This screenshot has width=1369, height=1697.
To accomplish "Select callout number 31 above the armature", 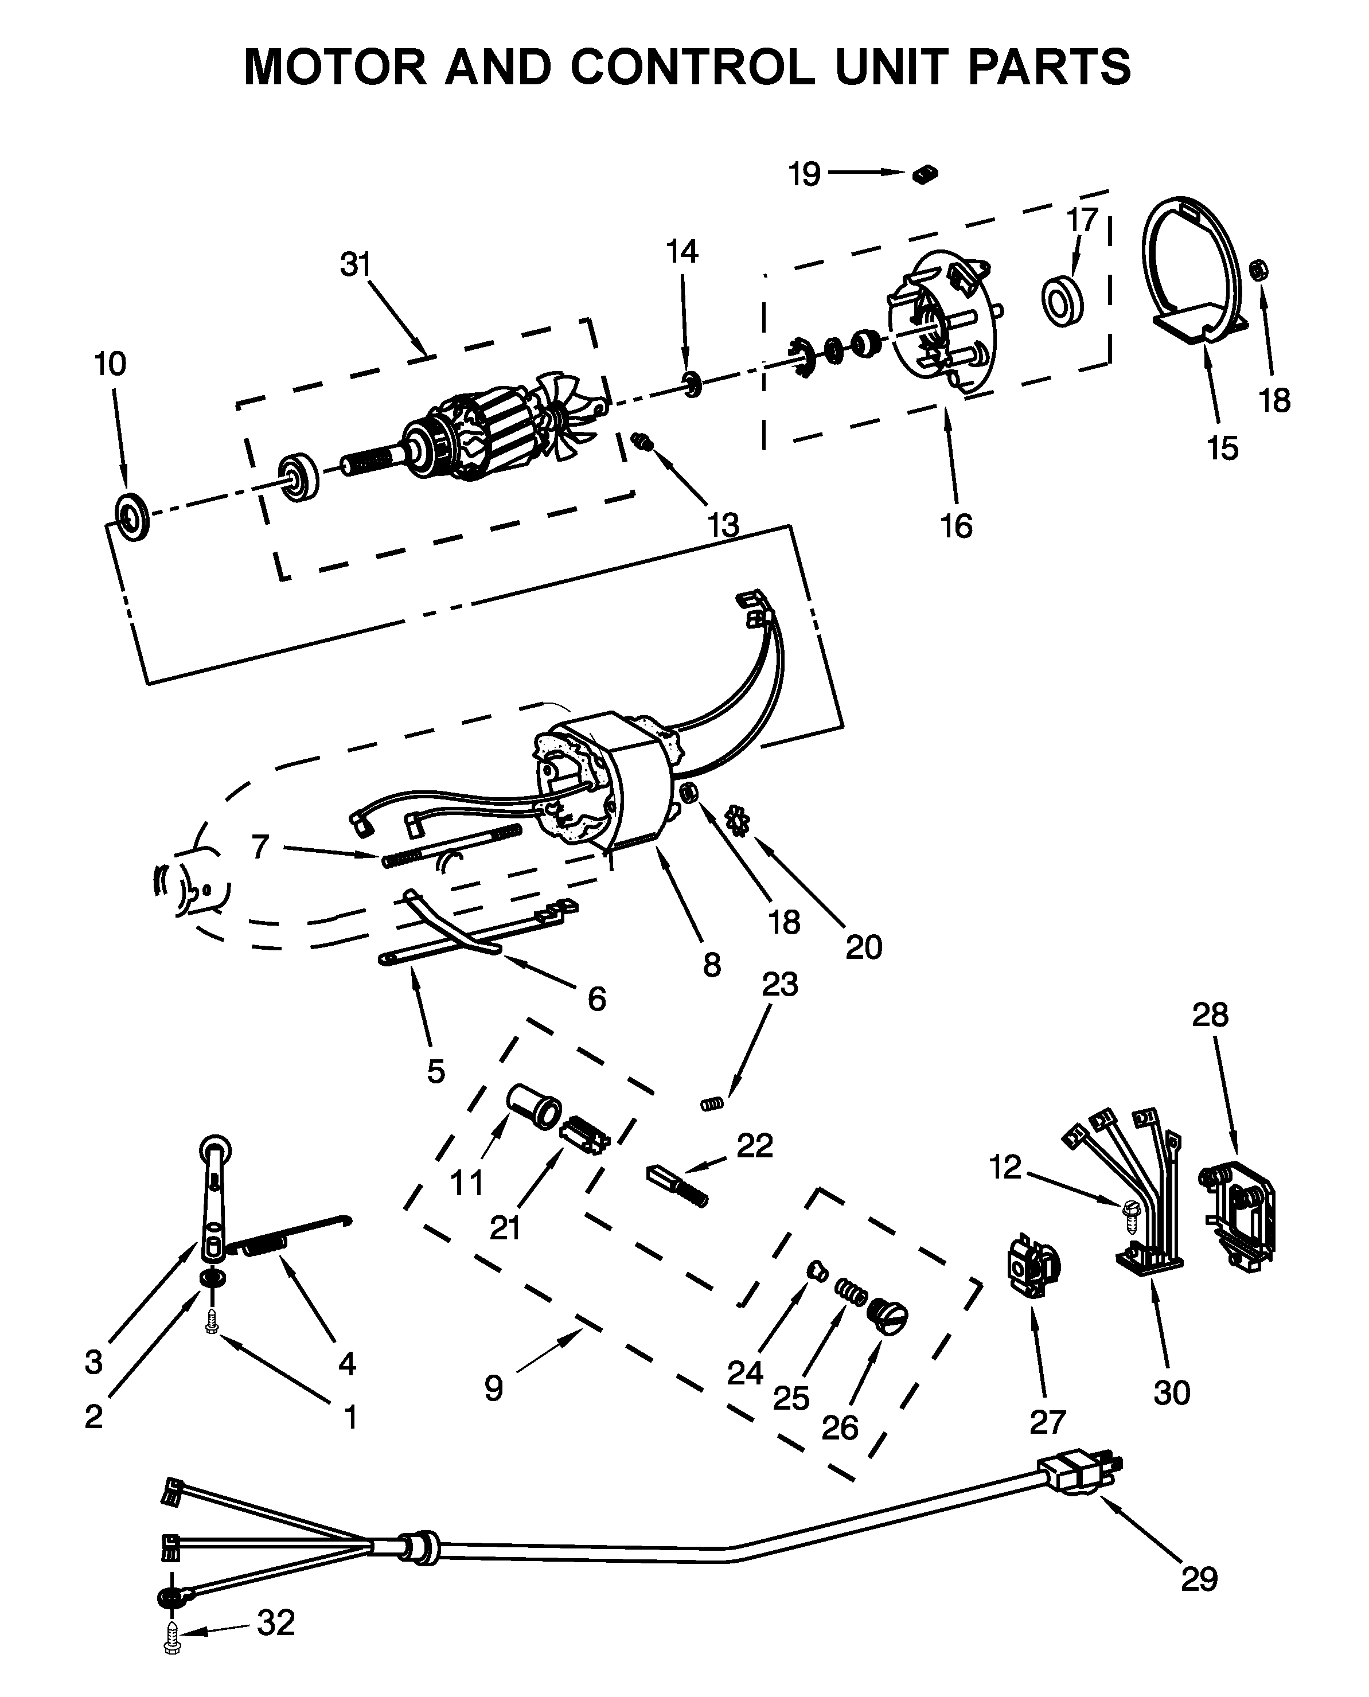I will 355,265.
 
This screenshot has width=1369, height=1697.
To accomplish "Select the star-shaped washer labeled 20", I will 738,820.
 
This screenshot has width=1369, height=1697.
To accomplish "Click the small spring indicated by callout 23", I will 712,1104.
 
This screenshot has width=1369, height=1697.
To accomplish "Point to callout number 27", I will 1047,1422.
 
